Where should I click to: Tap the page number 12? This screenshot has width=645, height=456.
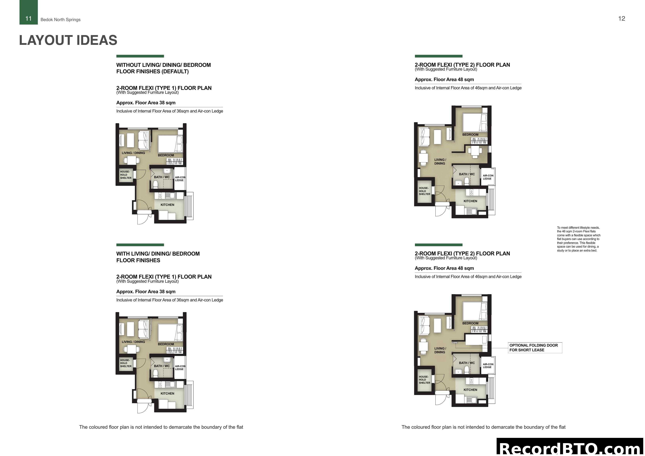[x=621, y=19]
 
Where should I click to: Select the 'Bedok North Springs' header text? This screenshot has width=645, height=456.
[x=60, y=20]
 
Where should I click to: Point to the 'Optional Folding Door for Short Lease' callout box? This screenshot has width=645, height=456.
[x=535, y=348]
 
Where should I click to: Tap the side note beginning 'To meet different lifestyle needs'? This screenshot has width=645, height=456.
[x=579, y=239]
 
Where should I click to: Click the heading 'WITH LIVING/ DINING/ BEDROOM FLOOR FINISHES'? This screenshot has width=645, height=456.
[x=158, y=257]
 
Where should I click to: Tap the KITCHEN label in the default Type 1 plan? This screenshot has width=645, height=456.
[x=167, y=205]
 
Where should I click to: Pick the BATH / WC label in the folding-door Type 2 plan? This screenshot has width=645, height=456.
[x=467, y=363]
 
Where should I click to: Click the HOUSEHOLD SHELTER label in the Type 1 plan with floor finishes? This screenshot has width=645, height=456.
[x=126, y=363]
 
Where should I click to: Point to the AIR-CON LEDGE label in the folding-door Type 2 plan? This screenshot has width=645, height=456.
[x=488, y=366]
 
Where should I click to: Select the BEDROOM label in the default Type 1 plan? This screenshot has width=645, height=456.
[x=166, y=155]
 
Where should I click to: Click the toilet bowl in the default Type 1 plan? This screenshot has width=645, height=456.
[x=155, y=184]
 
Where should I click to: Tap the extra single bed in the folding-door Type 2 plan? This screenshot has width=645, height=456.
[x=476, y=340]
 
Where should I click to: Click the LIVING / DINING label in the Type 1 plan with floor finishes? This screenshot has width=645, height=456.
[x=133, y=342]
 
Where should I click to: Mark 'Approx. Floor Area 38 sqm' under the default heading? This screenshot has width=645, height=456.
[x=146, y=103]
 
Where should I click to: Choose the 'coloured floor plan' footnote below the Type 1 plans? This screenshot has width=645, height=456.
[x=161, y=427]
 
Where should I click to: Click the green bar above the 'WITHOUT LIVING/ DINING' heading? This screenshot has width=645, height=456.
[x=140, y=56]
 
